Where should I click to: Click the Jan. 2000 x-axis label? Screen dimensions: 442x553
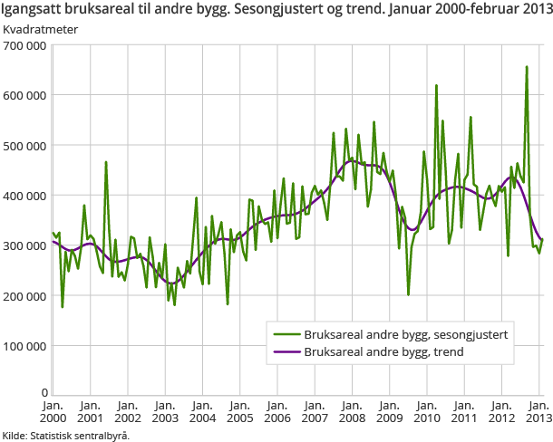(x=53, y=411)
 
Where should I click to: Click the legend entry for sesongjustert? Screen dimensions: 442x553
(x=405, y=334)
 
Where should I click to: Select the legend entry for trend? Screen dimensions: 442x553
(x=384, y=351)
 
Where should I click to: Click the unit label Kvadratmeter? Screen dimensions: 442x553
(x=40, y=28)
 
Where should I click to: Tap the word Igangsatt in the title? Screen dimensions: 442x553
(x=33, y=9)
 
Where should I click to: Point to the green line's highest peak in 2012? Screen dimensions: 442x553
(x=526, y=66)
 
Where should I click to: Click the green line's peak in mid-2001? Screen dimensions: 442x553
(x=106, y=162)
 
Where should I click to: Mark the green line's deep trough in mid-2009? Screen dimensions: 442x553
(x=408, y=294)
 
